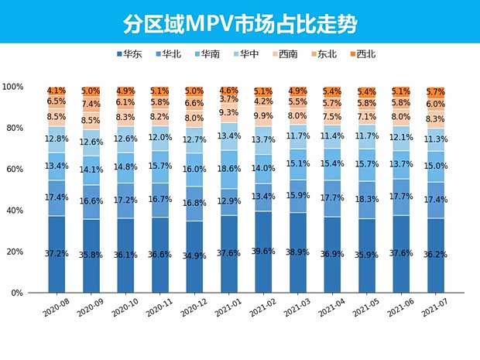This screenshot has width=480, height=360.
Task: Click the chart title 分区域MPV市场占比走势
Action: coord(240,23)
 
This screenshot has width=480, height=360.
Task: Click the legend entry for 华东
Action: coord(135,54)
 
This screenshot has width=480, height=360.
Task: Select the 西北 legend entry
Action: coord(362,54)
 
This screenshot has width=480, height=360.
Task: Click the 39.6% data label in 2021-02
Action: coord(262,252)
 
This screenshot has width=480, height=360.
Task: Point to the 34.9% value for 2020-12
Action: coord(194,255)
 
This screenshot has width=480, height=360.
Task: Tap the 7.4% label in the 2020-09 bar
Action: coord(91,104)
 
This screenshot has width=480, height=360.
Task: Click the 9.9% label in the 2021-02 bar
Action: coord(262,116)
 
